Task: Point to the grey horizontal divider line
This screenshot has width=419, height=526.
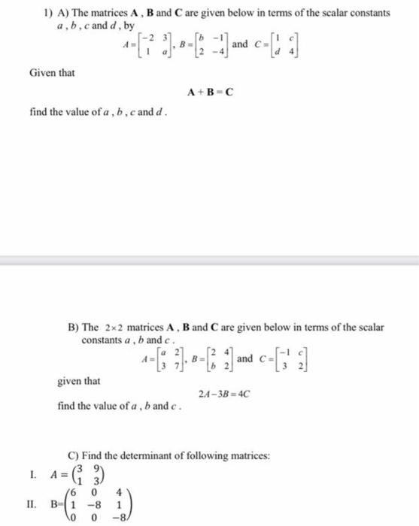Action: (209, 261)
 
